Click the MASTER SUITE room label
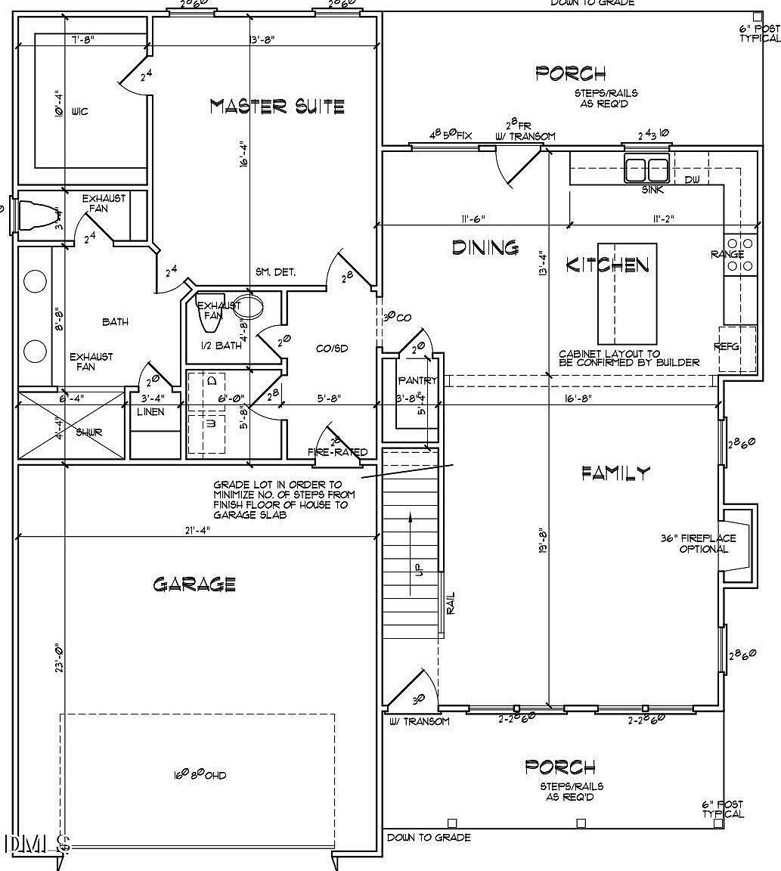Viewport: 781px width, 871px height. [277, 107]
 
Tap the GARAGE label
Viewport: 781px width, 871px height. [194, 584]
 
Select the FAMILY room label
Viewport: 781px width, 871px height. [615, 473]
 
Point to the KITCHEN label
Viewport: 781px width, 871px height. [607, 265]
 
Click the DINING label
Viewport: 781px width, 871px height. [485, 247]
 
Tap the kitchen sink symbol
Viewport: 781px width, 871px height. [647, 169]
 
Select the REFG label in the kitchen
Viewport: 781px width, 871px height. [726, 347]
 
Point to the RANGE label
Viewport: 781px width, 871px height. [727, 255]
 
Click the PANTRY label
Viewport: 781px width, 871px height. [417, 380]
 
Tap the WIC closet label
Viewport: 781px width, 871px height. [79, 112]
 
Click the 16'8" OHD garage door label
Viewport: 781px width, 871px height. [200, 775]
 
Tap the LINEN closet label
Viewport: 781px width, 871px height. [150, 412]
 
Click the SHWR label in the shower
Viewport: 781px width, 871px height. [88, 432]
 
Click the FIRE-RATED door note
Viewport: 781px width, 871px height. [337, 452]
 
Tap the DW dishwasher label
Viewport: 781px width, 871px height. [692, 179]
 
